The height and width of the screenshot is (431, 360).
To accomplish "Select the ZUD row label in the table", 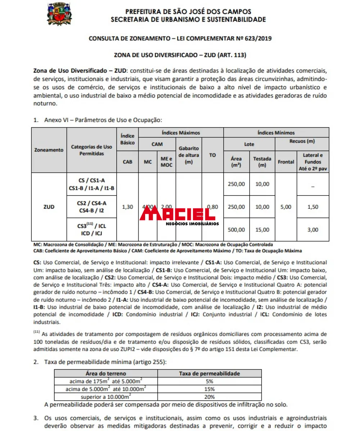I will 49,207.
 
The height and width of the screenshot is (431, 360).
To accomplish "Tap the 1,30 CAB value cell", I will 127,207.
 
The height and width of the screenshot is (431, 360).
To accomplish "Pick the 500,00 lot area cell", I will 237,229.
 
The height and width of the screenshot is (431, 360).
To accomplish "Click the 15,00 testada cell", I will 262,229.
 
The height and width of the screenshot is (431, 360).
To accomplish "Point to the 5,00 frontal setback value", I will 286,207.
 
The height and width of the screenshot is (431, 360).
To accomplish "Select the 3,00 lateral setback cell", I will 312,229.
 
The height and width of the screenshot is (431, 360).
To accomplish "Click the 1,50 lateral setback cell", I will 312,207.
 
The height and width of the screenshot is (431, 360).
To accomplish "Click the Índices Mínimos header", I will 276,133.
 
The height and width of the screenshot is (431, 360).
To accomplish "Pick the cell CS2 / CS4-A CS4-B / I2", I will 92,207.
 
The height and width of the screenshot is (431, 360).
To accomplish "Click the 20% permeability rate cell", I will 210,397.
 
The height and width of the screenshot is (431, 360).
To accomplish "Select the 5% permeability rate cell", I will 210,381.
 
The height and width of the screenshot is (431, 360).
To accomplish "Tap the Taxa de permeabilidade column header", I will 210,373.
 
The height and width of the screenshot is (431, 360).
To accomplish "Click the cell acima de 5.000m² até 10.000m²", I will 106,389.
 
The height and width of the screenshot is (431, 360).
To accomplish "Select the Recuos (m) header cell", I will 302,141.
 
